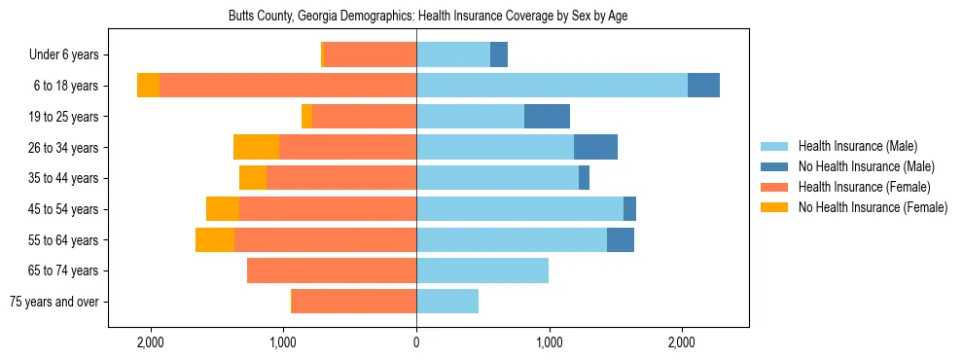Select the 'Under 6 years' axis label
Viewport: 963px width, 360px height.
tap(69, 55)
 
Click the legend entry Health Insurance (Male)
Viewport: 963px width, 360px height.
tap(857, 146)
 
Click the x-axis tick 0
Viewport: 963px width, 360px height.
tap(416, 342)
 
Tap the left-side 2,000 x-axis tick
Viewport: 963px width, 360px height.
tap(151, 342)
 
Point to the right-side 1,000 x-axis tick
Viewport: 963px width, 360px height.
tap(549, 342)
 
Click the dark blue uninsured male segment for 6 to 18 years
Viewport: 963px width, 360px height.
tap(703, 86)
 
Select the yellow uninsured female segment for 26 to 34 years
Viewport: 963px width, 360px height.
tap(256, 147)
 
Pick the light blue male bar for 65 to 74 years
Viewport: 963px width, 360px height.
tap(482, 270)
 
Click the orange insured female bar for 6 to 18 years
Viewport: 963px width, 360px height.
tap(288, 86)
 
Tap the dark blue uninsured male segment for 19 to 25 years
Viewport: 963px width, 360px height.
tap(547, 117)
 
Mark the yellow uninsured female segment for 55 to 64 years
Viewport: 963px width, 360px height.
tap(215, 239)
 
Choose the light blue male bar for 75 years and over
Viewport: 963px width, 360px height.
tap(447, 302)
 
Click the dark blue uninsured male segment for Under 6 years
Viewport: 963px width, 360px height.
tap(499, 55)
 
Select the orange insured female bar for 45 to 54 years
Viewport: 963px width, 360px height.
tap(328, 209)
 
